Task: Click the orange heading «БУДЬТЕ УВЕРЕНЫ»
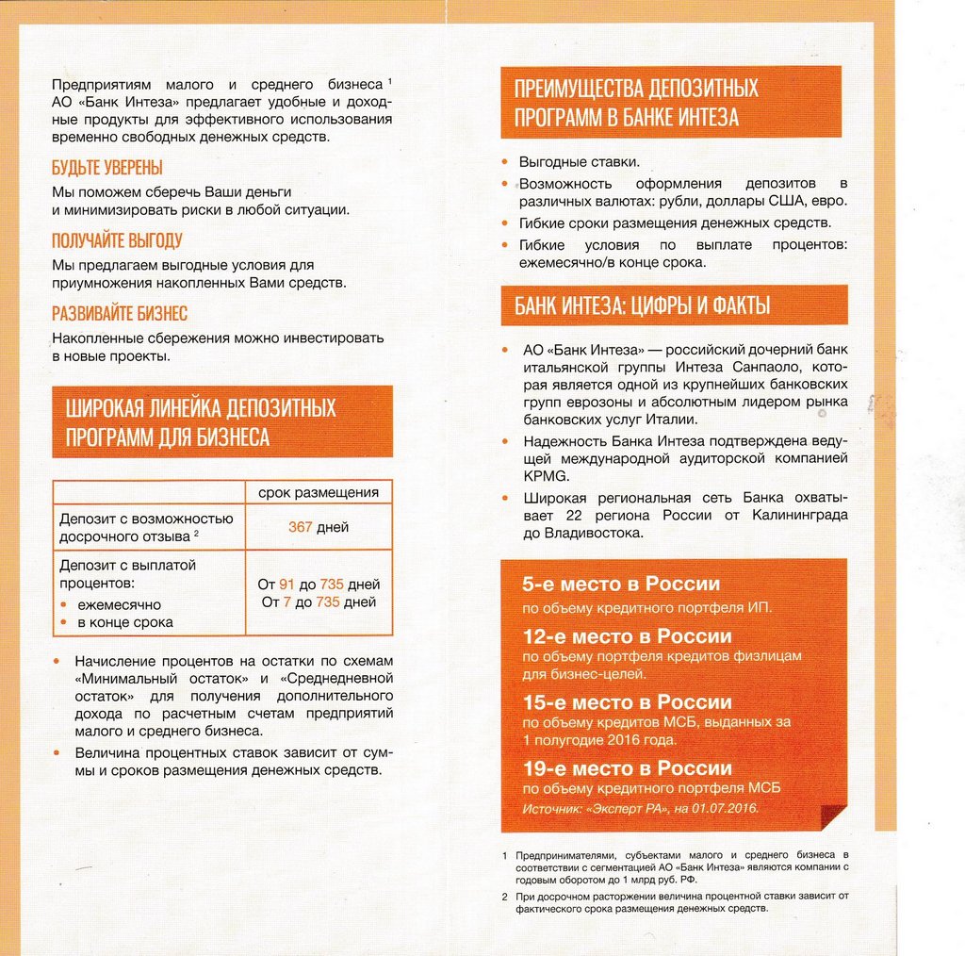[106, 168]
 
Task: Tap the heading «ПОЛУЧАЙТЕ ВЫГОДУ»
[117, 240]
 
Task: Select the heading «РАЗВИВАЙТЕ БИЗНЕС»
[119, 313]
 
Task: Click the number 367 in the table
[300, 527]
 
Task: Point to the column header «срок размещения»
[318, 492]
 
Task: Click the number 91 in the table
[287, 585]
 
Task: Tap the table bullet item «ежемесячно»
[119, 604]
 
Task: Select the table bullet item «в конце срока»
[125, 622]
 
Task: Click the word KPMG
[542, 476]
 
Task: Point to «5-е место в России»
[621, 585]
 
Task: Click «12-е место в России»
[627, 635]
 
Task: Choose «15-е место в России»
[627, 702]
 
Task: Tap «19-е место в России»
[627, 768]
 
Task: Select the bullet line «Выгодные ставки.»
[579, 162]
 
